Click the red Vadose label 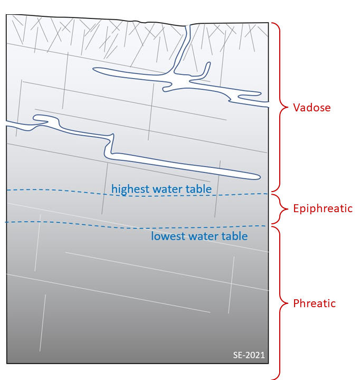(312, 107)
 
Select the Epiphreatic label (323, 208)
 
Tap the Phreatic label (315, 303)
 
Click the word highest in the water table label (131, 189)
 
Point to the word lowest (168, 236)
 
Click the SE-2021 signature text (249, 355)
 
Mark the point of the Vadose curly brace (288, 107)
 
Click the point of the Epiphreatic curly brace (288, 208)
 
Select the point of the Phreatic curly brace (288, 303)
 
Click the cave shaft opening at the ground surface (187, 26)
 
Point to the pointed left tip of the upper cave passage (94, 69)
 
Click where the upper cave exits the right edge (268, 104)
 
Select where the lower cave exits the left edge (7, 123)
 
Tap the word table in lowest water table (234, 236)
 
